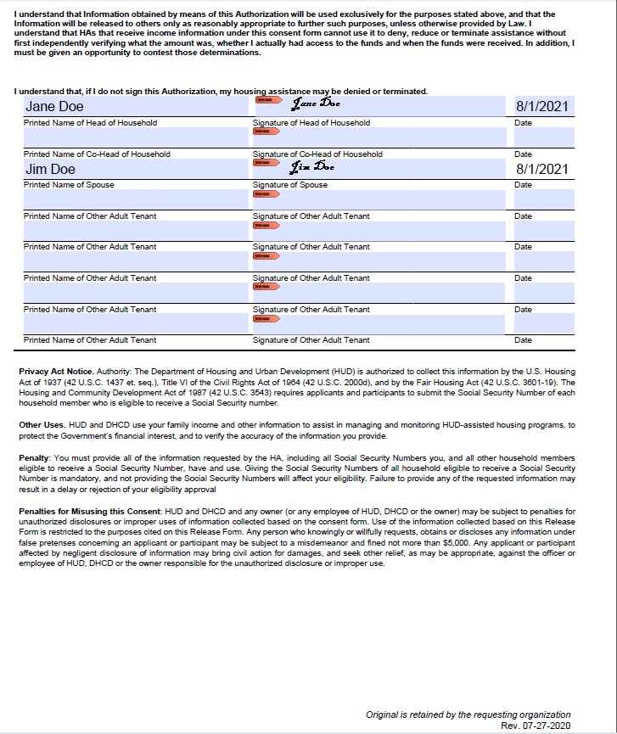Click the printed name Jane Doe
pyautogui.click(x=54, y=107)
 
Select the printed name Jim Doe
pyautogui.click(x=50, y=170)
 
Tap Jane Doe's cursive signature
pyautogui.click(x=315, y=104)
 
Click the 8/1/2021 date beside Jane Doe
pyautogui.click(x=542, y=107)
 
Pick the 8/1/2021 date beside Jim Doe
pyautogui.click(x=542, y=170)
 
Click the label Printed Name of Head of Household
pyautogui.click(x=90, y=123)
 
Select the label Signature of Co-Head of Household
pyautogui.click(x=317, y=154)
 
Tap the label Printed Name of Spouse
pyautogui.click(x=69, y=185)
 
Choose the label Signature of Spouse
pyautogui.click(x=290, y=185)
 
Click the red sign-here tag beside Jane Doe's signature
pyautogui.click(x=265, y=100)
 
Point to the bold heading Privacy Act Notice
pyautogui.click(x=56, y=373)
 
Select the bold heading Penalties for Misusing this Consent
pyautogui.click(x=89, y=512)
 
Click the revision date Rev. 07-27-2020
pyautogui.click(x=536, y=726)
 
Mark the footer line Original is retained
pyautogui.click(x=468, y=714)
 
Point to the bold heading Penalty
pyautogui.click(x=35, y=458)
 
